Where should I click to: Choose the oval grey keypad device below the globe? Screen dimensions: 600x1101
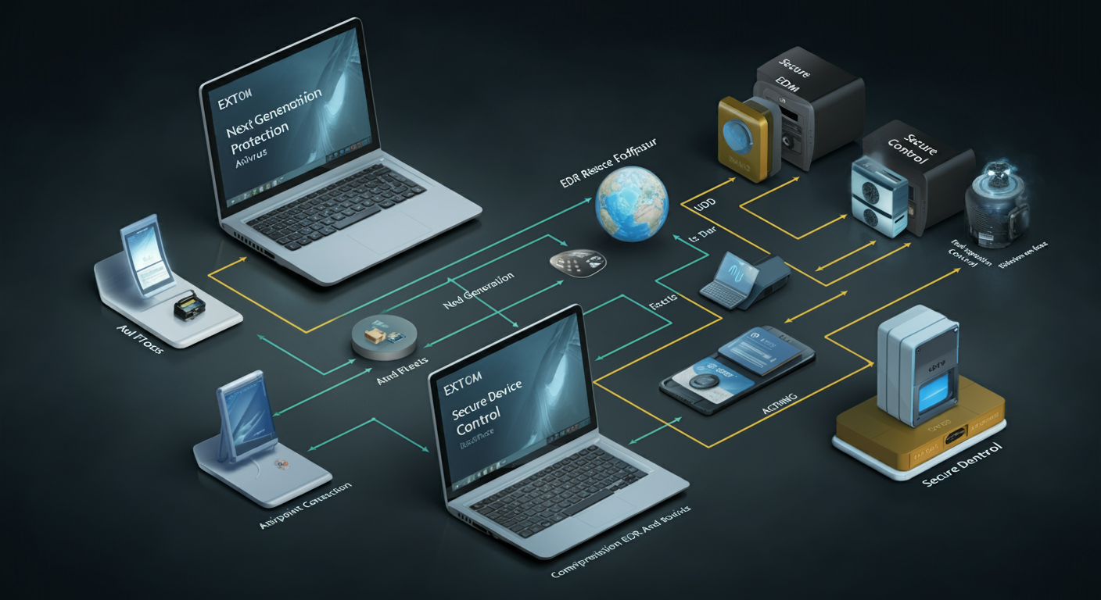(577, 262)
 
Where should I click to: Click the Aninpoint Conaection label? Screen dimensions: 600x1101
(305, 507)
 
